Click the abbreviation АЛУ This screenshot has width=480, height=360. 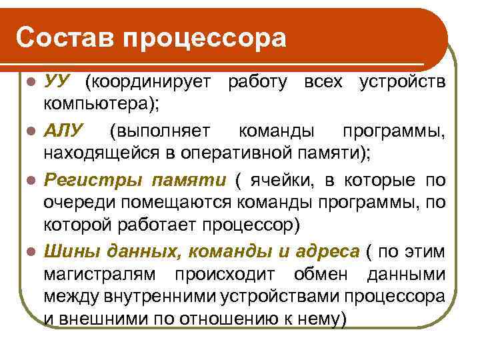63,127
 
